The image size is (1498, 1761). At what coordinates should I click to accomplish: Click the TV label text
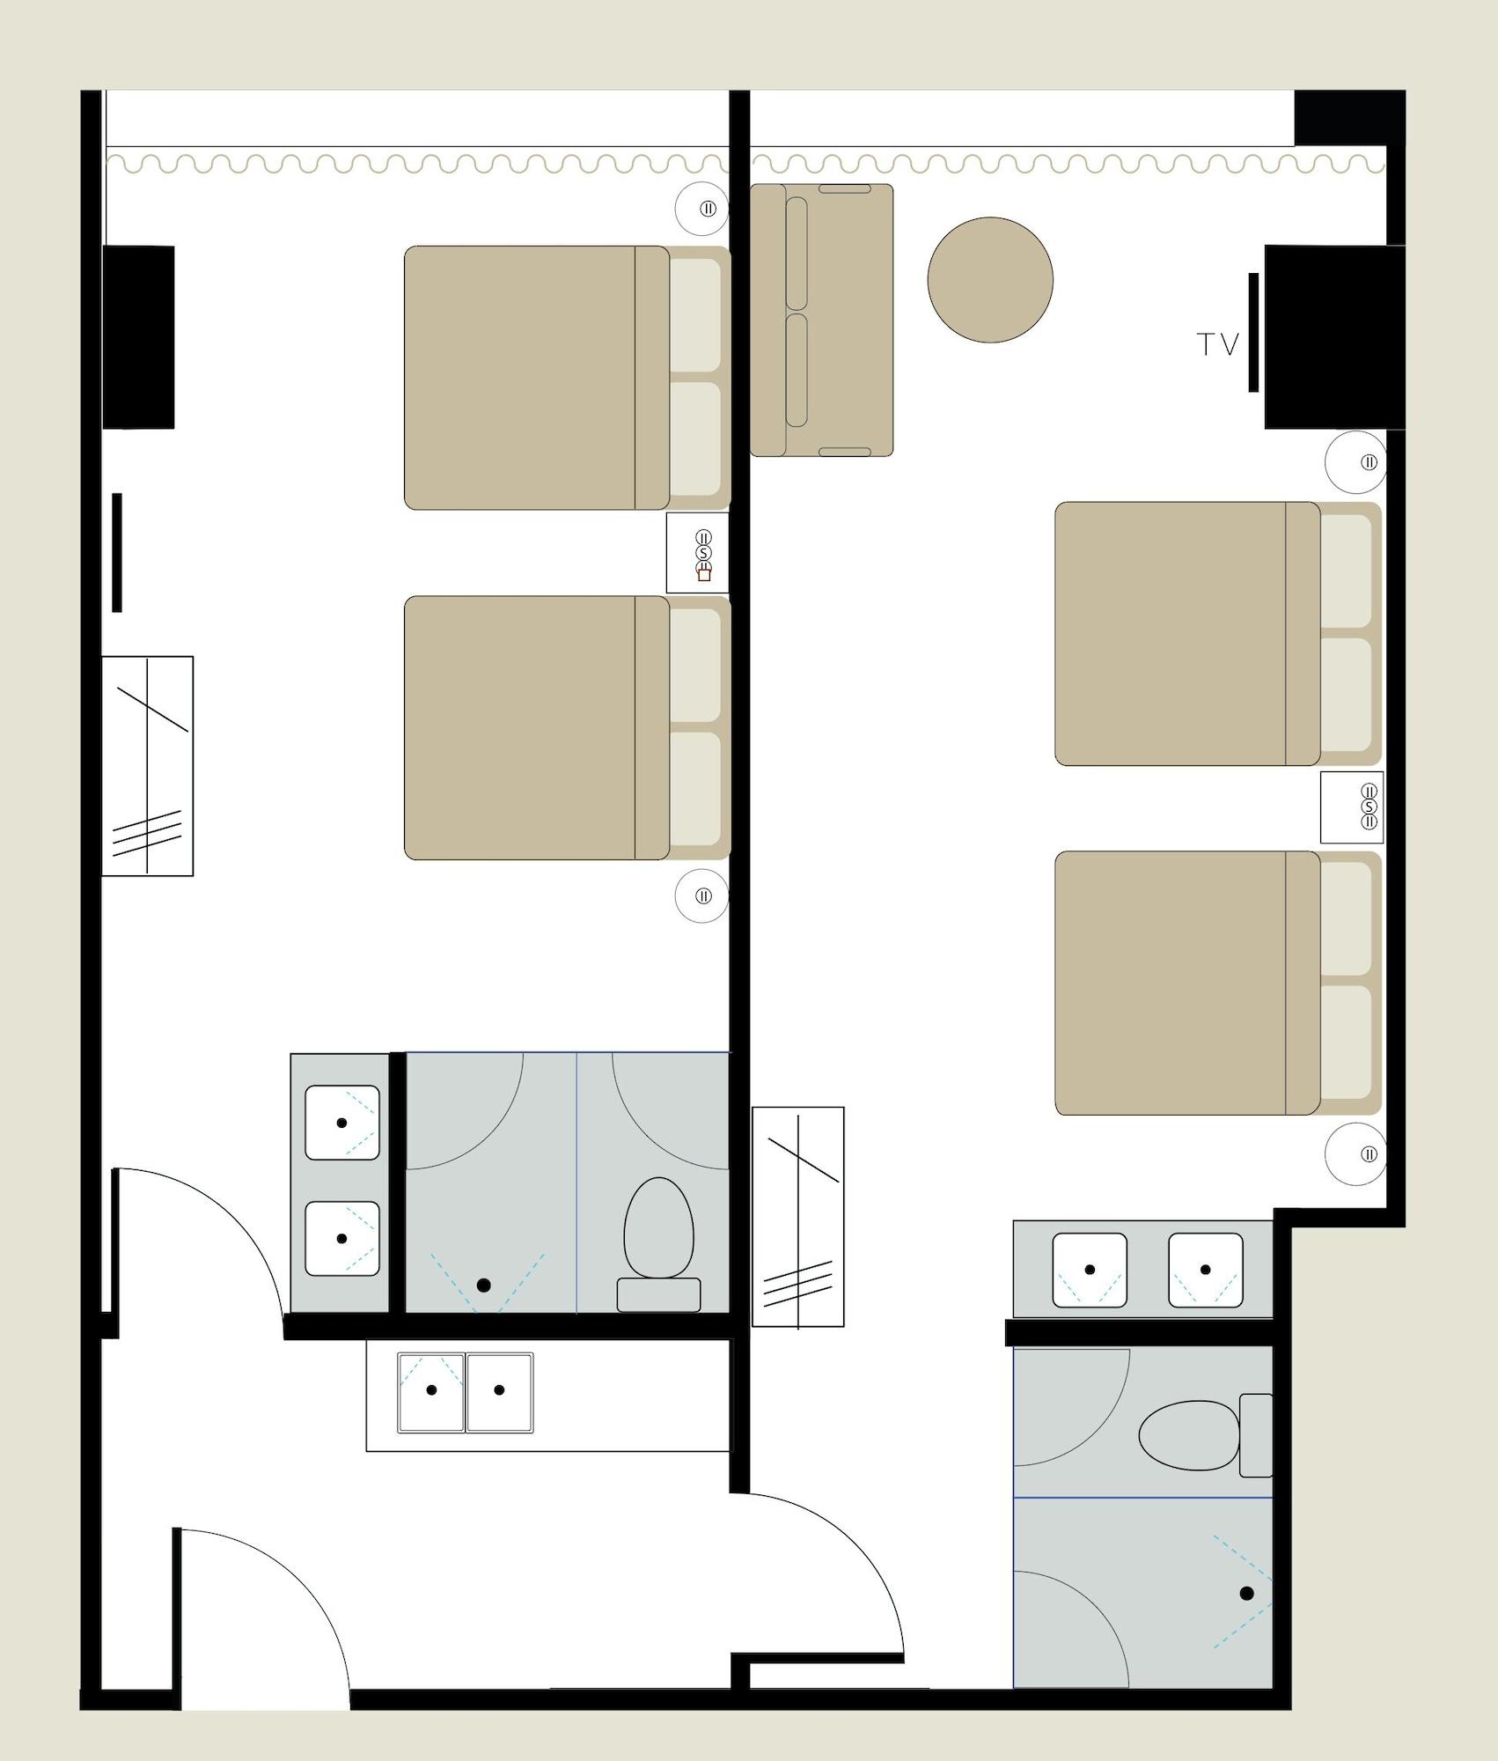(1218, 344)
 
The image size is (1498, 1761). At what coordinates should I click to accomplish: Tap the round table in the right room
(990, 280)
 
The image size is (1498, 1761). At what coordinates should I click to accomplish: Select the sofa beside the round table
(821, 320)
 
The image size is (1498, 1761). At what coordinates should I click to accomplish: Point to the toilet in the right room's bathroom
(1205, 1435)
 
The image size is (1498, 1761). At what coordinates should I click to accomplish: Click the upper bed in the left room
(568, 378)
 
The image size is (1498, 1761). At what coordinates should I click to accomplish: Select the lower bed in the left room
(568, 728)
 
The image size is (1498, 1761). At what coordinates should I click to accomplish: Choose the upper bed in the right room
(1218, 634)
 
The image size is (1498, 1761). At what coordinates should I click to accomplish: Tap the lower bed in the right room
(1218, 983)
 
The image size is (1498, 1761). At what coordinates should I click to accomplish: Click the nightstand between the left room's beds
(698, 553)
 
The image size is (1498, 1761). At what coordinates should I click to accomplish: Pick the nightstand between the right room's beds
(1352, 807)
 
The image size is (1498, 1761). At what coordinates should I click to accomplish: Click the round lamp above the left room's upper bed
(702, 210)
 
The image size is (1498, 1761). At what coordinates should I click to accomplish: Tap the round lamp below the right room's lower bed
(1355, 1154)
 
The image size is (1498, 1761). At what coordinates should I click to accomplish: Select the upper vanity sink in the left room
(342, 1123)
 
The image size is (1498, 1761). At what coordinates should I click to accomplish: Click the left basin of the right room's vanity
(1090, 1270)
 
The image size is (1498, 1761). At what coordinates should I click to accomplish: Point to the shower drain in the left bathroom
(483, 1285)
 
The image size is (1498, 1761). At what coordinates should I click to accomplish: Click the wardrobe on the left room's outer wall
(147, 766)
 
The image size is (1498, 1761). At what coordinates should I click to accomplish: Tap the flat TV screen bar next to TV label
(1253, 332)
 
